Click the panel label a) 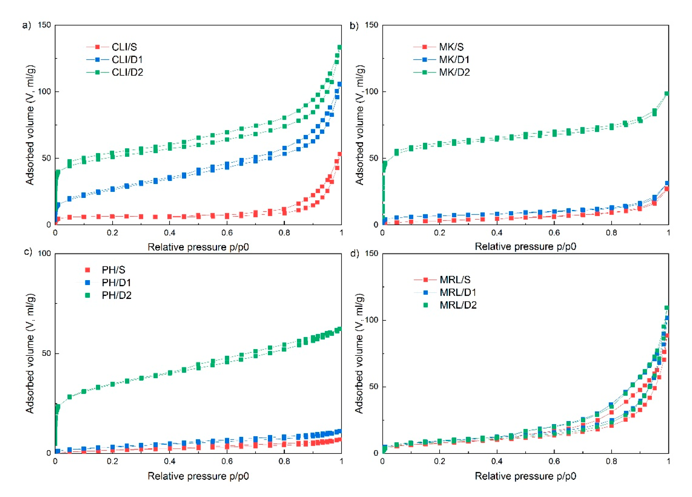click(x=27, y=25)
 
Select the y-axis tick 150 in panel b click(x=371, y=25)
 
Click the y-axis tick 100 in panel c click(x=44, y=253)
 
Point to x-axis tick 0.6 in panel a click(x=227, y=233)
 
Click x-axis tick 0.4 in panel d click(x=497, y=461)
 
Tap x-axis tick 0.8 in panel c click(x=284, y=461)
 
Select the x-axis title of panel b click(x=525, y=246)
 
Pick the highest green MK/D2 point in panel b click(x=667, y=94)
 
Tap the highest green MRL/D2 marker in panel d click(x=667, y=308)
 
